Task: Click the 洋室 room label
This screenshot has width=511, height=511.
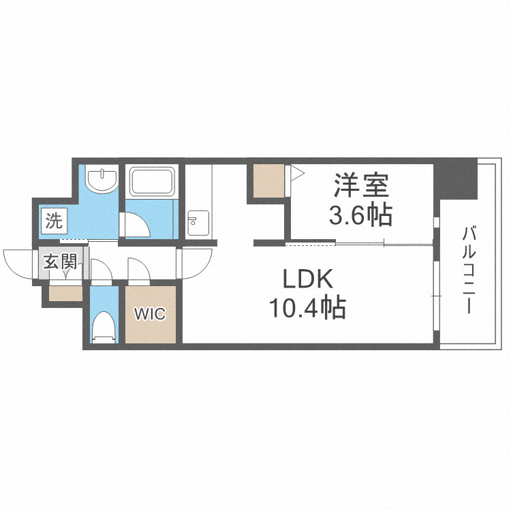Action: [x=360, y=185]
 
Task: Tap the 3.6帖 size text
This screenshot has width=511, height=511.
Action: [x=360, y=215]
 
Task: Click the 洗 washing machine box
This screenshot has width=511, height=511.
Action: [x=53, y=220]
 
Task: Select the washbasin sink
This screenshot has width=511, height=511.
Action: [x=102, y=180]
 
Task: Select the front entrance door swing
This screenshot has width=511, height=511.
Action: [x=18, y=262]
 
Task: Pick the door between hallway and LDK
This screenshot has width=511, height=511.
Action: [x=194, y=262]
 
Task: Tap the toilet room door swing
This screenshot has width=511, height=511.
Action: [x=102, y=271]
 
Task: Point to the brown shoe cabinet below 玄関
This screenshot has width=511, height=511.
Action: [x=65, y=293]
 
